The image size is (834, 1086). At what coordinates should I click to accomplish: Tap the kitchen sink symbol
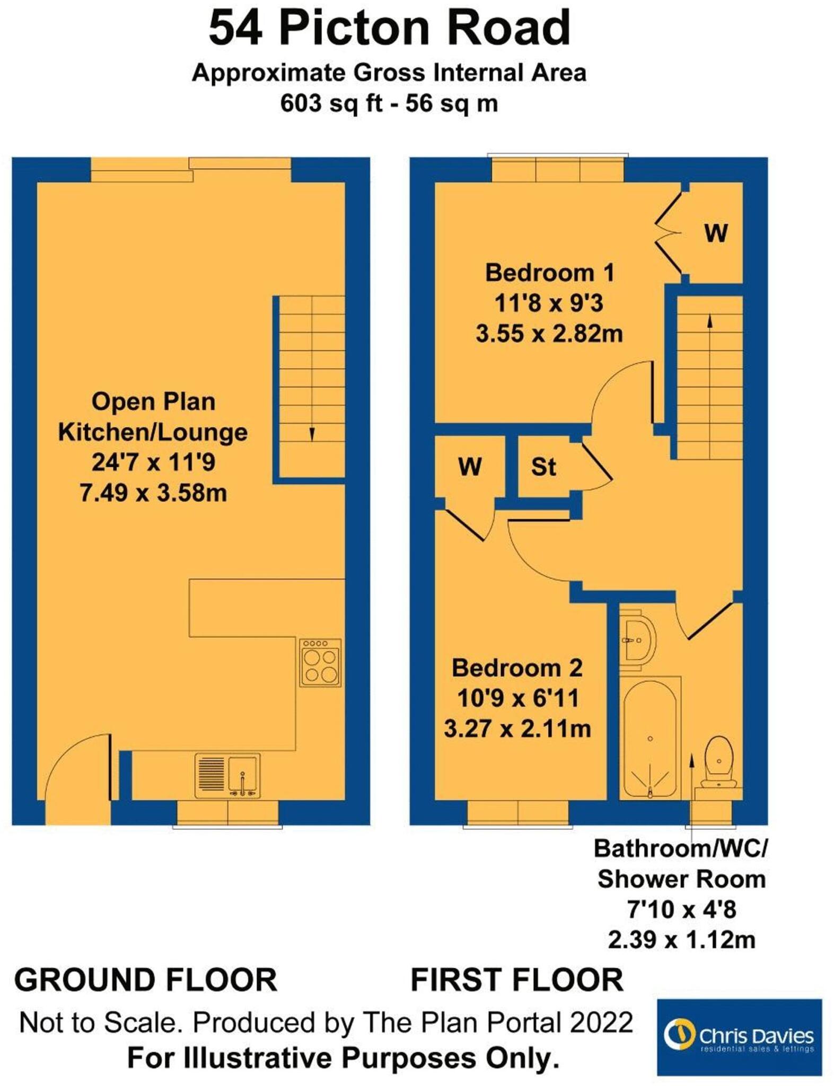pos(227,775)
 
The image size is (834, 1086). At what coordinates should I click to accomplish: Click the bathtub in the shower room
pos(650,738)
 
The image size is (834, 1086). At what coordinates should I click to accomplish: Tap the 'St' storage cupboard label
pos(543,467)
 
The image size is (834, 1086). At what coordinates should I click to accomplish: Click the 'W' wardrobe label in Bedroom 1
pos(716,233)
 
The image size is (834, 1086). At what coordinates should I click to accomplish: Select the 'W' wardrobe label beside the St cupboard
pos(470,467)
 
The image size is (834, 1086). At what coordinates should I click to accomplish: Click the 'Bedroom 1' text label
pos(549,273)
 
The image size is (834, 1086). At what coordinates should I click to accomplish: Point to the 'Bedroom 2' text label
pos(517,668)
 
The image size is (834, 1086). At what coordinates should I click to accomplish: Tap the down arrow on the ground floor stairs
pos(312,433)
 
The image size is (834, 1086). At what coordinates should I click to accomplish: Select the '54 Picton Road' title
pos(390,29)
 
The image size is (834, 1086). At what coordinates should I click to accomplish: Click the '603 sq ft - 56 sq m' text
pos(390,103)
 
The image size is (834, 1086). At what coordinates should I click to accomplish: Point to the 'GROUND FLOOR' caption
pos(146,979)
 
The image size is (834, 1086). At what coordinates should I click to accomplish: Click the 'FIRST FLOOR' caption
pos(517,979)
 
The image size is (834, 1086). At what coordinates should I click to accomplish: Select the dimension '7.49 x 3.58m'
pos(153,493)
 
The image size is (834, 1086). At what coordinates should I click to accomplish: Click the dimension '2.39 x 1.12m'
pos(681,940)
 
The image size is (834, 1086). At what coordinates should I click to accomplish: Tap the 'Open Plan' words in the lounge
pos(153,401)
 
